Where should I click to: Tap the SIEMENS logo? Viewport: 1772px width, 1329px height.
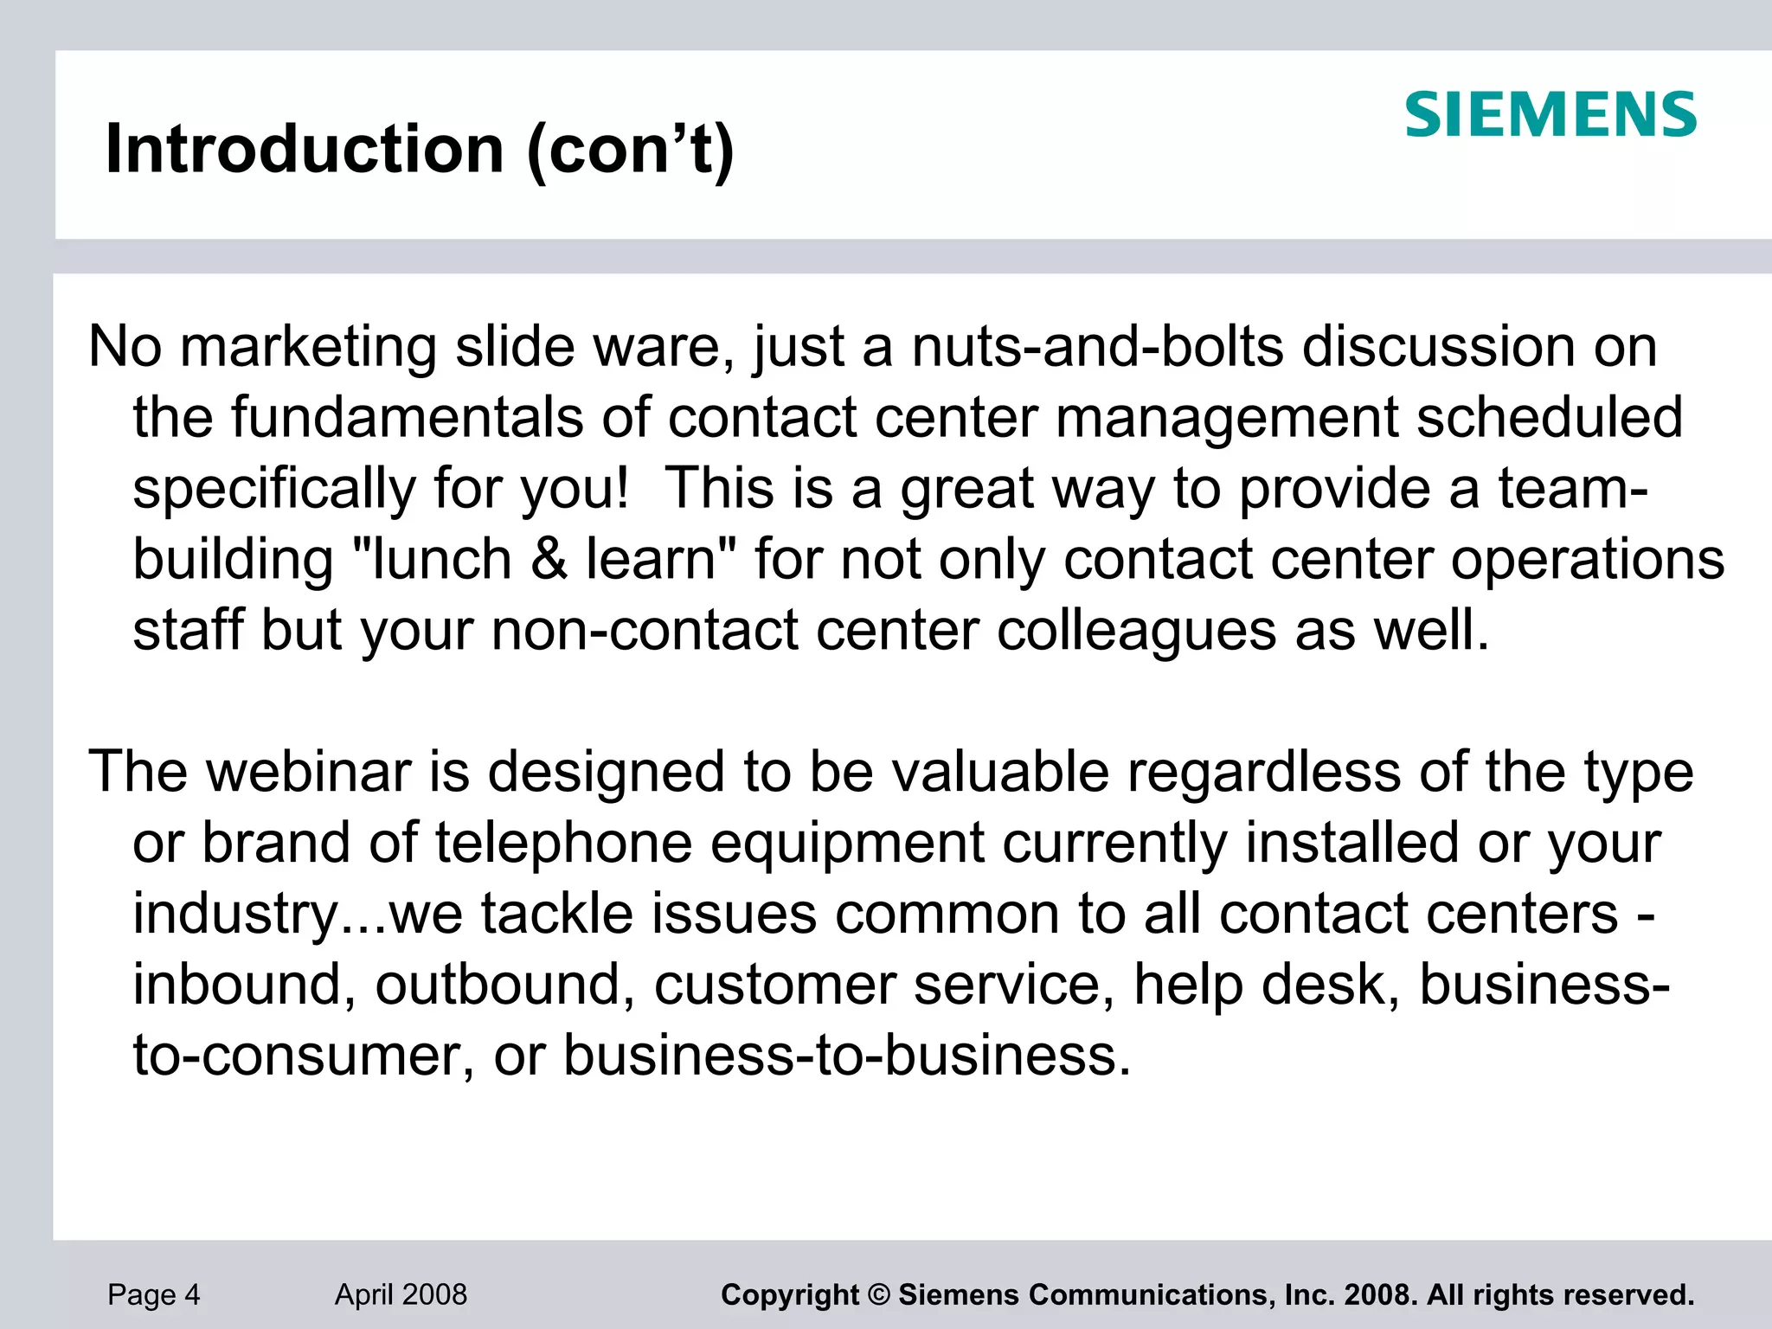coord(1550,115)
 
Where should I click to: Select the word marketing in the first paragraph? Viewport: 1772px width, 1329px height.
coord(308,348)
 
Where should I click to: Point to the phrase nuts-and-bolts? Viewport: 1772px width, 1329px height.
coord(1097,346)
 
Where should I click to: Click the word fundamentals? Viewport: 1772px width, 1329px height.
coord(407,417)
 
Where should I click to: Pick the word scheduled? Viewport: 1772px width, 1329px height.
coord(1550,417)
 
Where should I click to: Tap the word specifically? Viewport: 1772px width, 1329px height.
coord(274,489)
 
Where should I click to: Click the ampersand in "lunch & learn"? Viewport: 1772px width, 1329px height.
coord(549,559)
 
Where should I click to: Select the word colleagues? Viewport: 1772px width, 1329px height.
coord(1136,630)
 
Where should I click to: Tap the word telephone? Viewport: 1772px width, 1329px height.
coord(563,843)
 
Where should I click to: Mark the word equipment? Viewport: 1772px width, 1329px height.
coord(847,843)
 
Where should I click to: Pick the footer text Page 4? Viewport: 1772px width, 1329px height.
coord(154,1294)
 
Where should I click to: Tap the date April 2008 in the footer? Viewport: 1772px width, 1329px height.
coord(401,1294)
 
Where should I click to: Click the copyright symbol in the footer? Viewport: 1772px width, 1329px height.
coord(878,1295)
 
